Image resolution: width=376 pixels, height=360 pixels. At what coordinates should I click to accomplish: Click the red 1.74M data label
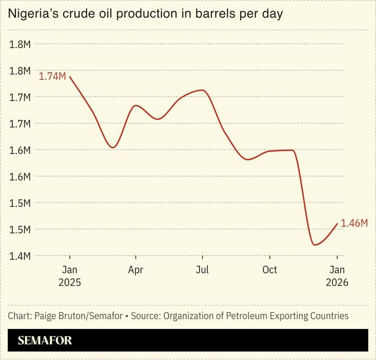(52, 76)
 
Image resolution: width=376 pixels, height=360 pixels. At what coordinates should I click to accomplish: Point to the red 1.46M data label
(354, 223)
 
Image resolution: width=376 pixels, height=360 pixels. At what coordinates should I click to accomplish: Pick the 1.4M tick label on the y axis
(20, 256)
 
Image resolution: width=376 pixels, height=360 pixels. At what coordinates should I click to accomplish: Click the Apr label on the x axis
(136, 269)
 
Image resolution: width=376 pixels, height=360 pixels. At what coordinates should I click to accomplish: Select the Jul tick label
(203, 269)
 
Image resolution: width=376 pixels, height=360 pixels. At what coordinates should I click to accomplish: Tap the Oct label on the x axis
(269, 269)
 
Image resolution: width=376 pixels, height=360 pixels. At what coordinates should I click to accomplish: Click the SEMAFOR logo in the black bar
(45, 341)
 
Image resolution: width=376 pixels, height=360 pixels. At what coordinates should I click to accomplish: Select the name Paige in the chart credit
(46, 316)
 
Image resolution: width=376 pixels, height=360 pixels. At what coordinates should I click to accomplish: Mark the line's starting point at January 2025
(70, 77)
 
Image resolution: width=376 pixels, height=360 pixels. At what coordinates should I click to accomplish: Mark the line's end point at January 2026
(337, 224)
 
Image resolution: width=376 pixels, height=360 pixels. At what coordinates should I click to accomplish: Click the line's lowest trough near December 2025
(315, 245)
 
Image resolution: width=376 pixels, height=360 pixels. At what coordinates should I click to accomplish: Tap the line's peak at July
(203, 90)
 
